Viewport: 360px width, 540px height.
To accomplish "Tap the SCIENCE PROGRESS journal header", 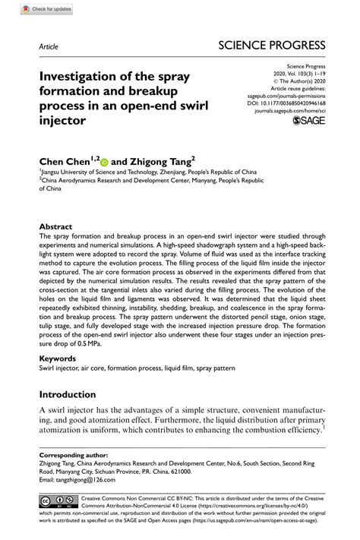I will point(270,45).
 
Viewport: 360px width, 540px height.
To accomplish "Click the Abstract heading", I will point(55,227).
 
